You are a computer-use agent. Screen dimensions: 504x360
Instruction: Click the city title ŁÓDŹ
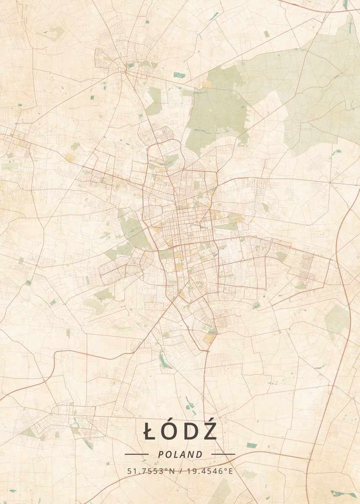click(180, 431)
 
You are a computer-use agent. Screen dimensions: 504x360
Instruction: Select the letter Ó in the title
click(171, 431)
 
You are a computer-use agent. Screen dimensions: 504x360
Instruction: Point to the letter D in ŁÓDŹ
click(191, 432)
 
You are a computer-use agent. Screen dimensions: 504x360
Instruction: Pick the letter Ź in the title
click(210, 431)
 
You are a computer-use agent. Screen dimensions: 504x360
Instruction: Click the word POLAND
click(180, 454)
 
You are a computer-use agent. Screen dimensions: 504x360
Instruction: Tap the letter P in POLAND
click(161, 454)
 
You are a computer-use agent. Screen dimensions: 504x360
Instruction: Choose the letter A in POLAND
click(184, 454)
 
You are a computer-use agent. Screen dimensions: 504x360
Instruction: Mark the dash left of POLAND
click(137, 454)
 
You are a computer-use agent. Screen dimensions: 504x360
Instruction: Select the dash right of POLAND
click(223, 454)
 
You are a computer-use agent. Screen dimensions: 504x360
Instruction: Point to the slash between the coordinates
click(180, 471)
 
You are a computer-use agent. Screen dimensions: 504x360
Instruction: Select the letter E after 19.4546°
click(230, 471)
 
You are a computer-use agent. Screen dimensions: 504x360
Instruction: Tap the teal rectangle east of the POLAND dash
click(252, 445)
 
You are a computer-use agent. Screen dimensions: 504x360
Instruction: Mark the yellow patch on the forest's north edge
click(207, 84)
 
